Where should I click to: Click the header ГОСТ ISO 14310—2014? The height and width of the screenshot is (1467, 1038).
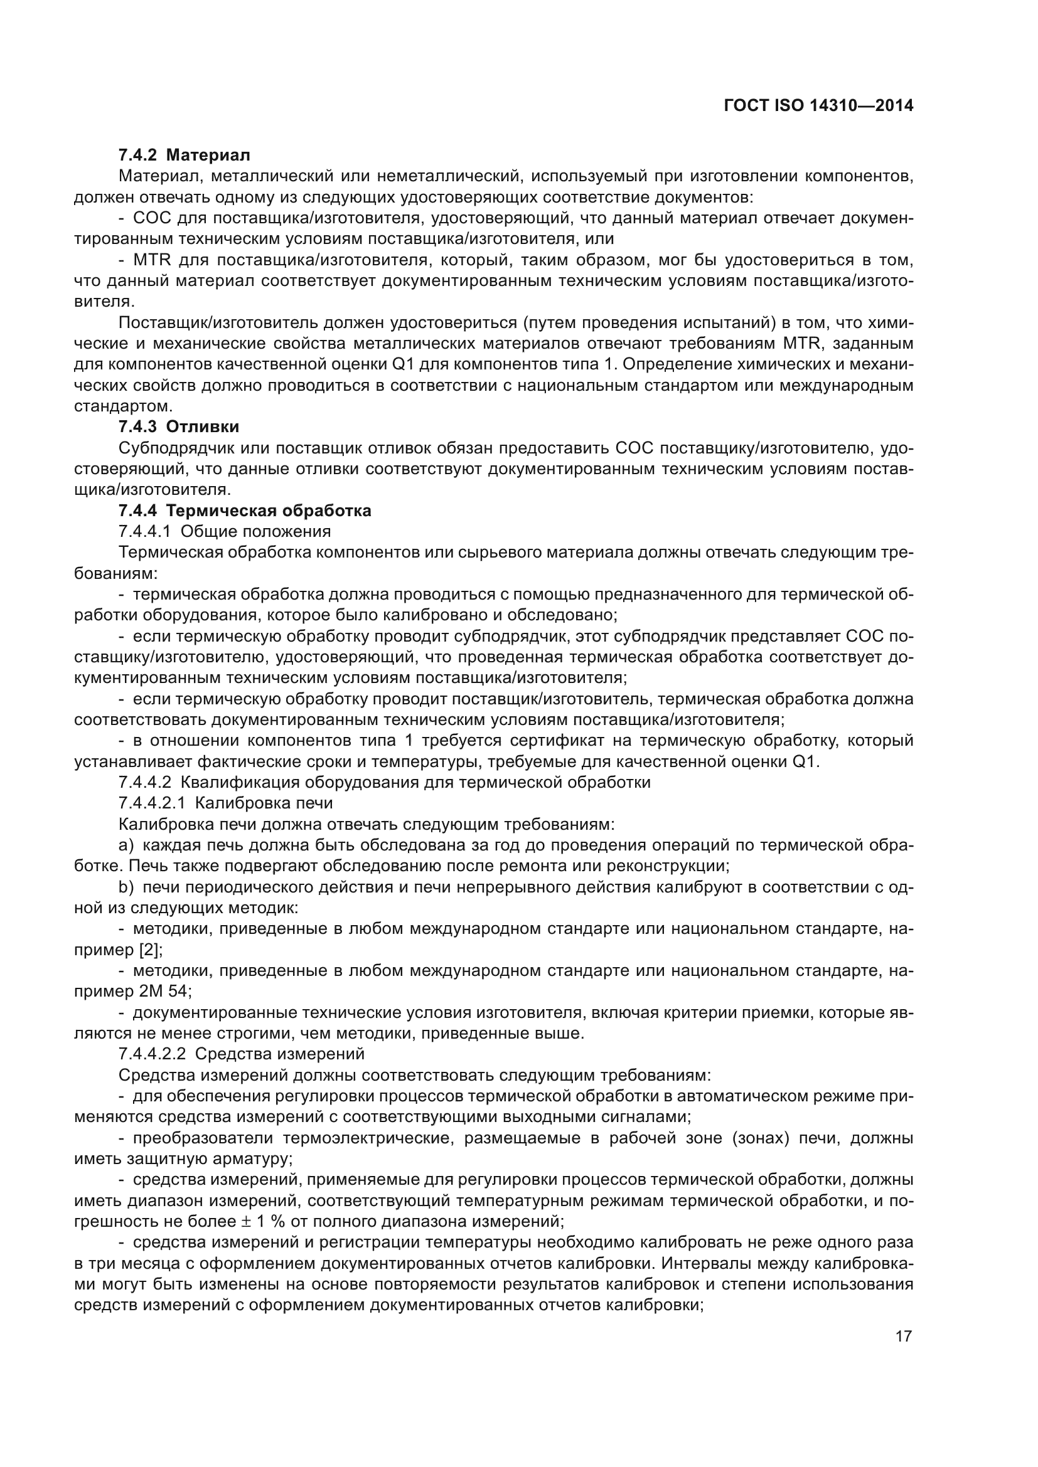pos(818,105)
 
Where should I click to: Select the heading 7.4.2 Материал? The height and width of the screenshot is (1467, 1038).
pos(184,155)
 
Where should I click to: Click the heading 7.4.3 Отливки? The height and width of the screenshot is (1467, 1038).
pos(179,426)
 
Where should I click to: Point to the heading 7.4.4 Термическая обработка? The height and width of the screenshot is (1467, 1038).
pos(244,511)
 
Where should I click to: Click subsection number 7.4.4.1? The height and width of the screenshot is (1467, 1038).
pos(144,532)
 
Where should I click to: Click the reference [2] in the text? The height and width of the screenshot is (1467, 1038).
pos(151,950)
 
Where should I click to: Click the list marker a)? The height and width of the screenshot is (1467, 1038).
pos(126,845)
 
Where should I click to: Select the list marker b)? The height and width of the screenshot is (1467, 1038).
pos(126,887)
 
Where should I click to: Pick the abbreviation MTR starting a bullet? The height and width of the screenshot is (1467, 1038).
pos(149,260)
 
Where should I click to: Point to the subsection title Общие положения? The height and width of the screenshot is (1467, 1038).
pos(255,532)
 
